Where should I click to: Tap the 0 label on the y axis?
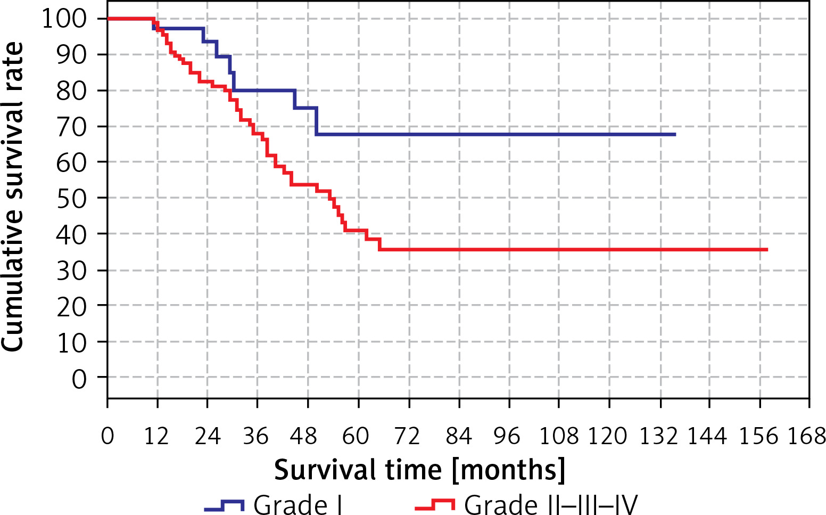(x=79, y=379)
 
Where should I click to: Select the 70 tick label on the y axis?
(x=71, y=127)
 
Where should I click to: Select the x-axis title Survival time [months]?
(x=419, y=470)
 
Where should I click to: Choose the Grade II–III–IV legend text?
(x=550, y=504)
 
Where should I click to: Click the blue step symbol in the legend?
(x=224, y=505)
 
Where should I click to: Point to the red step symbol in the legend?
(x=435, y=505)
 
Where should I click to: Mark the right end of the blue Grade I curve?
(x=675, y=135)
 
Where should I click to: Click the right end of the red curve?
(x=767, y=249)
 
